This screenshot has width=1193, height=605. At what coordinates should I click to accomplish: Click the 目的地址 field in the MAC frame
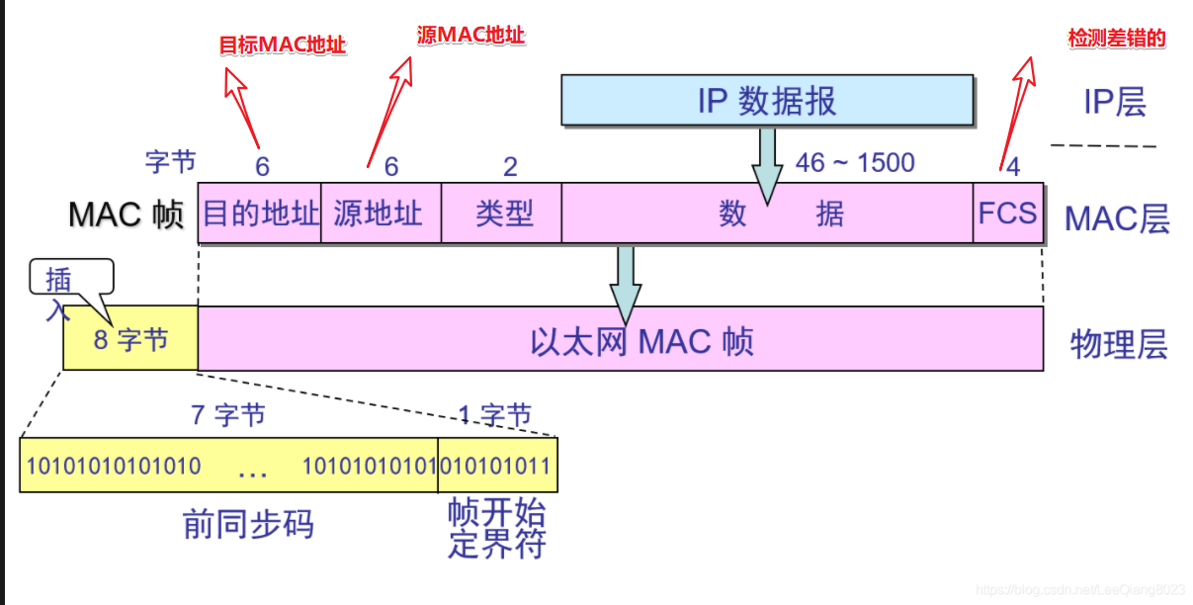tap(260, 213)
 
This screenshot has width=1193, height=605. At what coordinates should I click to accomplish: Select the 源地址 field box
tap(381, 213)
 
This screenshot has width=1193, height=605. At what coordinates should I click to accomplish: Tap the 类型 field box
tap(502, 213)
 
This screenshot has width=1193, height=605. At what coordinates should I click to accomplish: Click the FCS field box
tap(1008, 213)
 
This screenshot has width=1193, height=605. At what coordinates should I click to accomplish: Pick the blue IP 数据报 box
tap(767, 101)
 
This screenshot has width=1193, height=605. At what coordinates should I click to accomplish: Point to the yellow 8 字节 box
tap(130, 340)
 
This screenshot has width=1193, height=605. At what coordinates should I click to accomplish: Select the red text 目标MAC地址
tap(283, 44)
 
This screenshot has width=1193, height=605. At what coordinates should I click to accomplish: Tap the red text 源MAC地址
tap(471, 36)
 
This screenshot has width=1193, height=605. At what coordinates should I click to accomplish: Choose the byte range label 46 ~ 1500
tap(855, 162)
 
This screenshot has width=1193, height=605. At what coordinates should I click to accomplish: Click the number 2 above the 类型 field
tap(510, 166)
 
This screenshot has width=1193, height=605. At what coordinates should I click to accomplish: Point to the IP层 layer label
tap(1116, 101)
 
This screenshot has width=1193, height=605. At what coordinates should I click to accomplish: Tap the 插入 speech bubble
tap(71, 280)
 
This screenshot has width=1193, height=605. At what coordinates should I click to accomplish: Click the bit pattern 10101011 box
tap(497, 466)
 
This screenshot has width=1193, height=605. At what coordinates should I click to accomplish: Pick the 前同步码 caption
tap(249, 523)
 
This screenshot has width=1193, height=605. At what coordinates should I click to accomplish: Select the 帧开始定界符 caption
tap(496, 528)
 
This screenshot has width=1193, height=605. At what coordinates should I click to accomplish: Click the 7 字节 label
tap(228, 414)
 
